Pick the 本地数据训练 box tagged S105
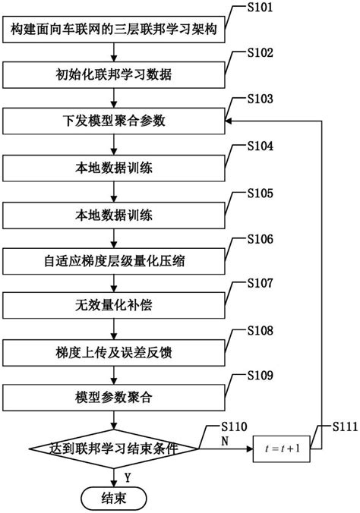click(x=114, y=215)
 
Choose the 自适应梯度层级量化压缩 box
click(x=114, y=262)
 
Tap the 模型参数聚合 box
click(x=114, y=397)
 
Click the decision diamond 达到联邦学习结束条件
click(x=114, y=448)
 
